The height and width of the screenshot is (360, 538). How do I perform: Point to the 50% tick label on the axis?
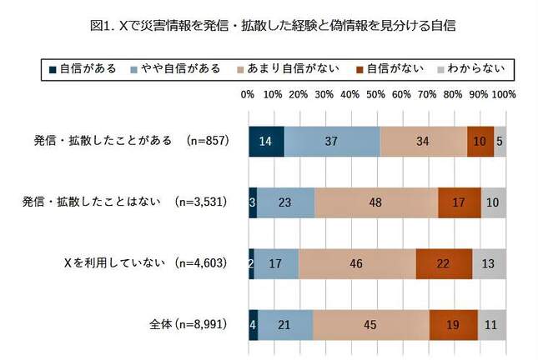[x=376, y=95]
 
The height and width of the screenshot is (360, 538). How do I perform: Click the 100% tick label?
[x=504, y=95]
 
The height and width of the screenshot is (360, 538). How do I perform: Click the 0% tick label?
[x=248, y=95]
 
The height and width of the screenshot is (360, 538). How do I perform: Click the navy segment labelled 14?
[x=266, y=142]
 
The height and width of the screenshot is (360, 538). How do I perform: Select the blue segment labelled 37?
[x=332, y=142]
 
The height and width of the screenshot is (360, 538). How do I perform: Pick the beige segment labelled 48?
[x=376, y=203]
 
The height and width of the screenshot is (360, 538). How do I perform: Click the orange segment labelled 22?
[x=444, y=264]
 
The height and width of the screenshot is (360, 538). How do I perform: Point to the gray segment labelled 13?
[x=489, y=264]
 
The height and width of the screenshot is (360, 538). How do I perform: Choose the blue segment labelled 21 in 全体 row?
[x=285, y=325]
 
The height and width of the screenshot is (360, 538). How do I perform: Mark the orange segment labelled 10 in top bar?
[x=480, y=142]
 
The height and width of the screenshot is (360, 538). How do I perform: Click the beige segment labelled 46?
[x=357, y=264]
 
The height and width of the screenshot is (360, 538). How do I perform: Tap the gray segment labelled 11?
[x=491, y=325]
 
